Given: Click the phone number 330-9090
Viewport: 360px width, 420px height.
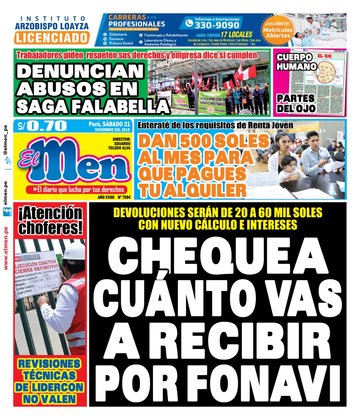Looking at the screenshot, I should (x=217, y=25).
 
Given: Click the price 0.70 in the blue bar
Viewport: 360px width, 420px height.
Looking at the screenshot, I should (x=47, y=126).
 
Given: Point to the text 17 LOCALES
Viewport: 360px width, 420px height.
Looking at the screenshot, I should (x=236, y=34).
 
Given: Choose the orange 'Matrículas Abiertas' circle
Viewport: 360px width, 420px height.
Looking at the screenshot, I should (x=278, y=30).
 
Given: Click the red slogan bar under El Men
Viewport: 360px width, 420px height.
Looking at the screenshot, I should (x=79, y=190).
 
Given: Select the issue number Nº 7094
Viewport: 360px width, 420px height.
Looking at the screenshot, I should (x=124, y=197).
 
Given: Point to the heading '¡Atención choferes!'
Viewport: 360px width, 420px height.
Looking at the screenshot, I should (x=50, y=220).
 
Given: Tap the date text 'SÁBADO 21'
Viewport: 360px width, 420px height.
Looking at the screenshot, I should (x=116, y=124).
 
